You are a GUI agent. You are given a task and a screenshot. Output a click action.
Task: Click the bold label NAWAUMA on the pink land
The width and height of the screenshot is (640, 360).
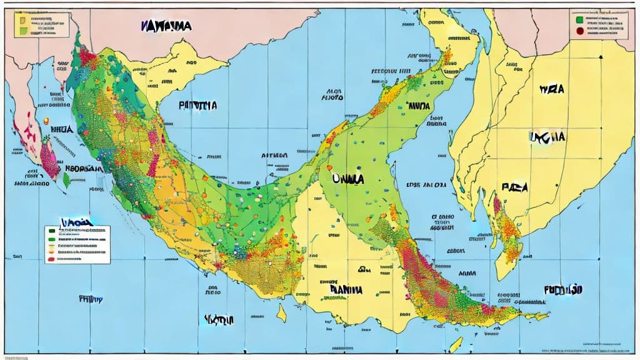[x=166, y=26]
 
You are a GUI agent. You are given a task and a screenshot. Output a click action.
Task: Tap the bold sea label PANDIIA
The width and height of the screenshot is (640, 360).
[x=197, y=106]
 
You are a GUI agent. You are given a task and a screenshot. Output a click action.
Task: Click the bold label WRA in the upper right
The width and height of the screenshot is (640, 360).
[x=551, y=90]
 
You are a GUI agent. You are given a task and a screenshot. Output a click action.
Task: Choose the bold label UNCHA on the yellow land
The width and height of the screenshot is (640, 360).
[x=547, y=137]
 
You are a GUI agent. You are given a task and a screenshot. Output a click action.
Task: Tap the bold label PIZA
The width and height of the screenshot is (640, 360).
[x=515, y=187]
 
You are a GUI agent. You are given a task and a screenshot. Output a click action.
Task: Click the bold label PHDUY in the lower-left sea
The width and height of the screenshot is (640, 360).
[x=91, y=299]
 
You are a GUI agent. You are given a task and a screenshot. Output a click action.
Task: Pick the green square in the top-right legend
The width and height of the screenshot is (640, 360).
[x=579, y=19]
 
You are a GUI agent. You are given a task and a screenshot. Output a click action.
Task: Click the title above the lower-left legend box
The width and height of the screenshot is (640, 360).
[x=76, y=221]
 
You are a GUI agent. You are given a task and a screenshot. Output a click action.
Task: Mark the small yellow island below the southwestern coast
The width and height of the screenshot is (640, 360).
[x=282, y=311]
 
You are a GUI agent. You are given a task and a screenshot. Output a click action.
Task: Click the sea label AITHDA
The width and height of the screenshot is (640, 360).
[x=274, y=156]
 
